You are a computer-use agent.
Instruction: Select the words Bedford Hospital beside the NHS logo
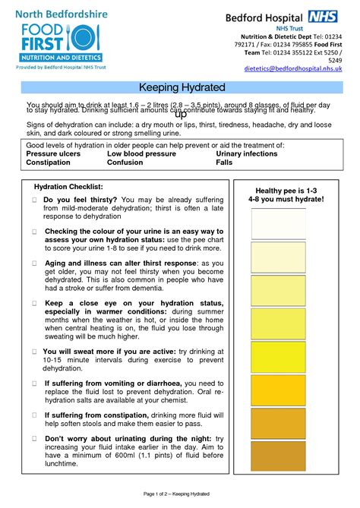(x=264, y=17)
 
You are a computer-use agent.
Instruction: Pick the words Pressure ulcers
(x=54, y=153)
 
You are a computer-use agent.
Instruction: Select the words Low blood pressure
(x=142, y=153)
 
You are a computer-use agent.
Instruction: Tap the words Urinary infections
(x=247, y=153)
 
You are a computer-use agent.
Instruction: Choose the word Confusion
(x=125, y=162)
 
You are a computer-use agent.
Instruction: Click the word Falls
(x=224, y=162)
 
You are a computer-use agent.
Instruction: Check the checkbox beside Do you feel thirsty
(x=35, y=200)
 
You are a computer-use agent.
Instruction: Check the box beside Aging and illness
(x=35, y=263)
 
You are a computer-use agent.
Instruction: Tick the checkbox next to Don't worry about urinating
(x=35, y=440)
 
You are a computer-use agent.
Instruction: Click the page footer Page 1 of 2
(x=180, y=494)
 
